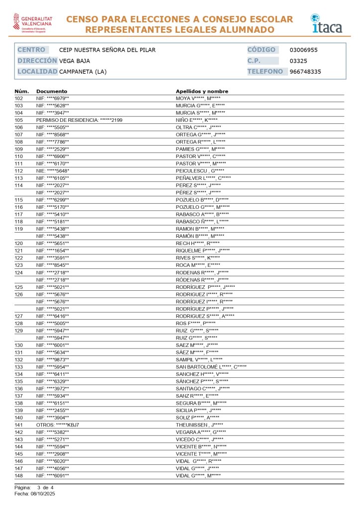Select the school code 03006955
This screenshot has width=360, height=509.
click(x=303, y=50)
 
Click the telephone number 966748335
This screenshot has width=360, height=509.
click(x=305, y=72)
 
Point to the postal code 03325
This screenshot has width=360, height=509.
click(x=298, y=61)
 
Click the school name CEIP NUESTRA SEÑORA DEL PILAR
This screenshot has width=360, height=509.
click(x=107, y=50)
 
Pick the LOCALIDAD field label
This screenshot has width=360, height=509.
click(x=37, y=72)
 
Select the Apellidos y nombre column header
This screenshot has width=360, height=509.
click(x=202, y=91)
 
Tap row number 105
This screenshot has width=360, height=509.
click(x=19, y=120)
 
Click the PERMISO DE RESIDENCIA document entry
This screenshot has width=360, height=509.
click(x=79, y=120)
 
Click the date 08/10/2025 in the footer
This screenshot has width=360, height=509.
click(x=43, y=494)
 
